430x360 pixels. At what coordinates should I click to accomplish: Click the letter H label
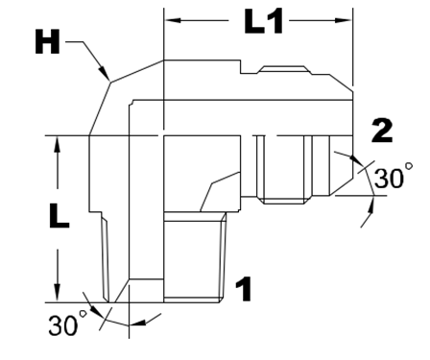[x=47, y=42]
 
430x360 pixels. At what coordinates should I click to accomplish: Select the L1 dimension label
[x=263, y=21]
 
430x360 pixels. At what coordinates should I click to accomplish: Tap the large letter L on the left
[x=59, y=216]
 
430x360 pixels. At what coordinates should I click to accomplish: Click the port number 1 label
[x=244, y=289]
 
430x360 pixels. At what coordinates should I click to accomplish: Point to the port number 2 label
[x=382, y=131]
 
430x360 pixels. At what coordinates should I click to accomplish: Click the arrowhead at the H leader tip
[x=105, y=73]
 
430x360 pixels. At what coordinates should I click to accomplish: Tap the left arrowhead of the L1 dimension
[x=173, y=20]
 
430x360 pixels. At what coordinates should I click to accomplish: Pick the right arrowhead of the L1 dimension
[x=344, y=20]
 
